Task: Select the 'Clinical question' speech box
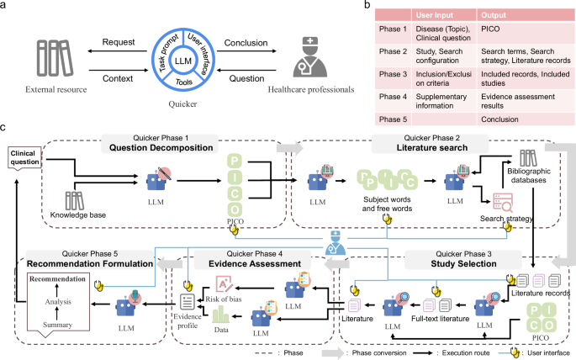click(24, 157)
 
